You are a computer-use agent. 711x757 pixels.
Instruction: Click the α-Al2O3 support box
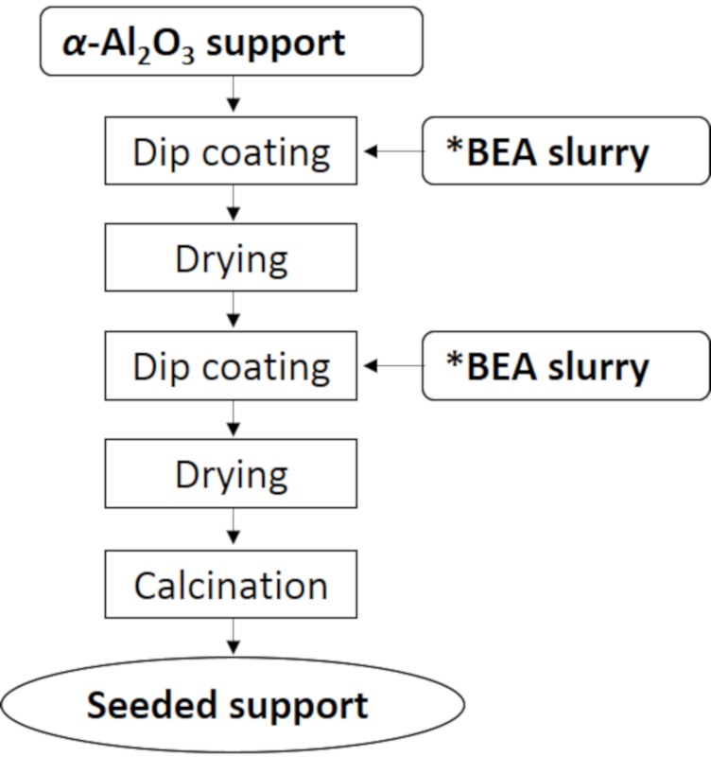[232, 41]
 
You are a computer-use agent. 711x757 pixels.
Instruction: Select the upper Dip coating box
[231, 150]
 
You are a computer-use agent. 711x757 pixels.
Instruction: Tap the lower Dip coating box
[231, 365]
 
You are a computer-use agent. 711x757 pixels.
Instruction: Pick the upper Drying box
[231, 257]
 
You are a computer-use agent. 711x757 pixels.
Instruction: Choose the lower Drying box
[231, 474]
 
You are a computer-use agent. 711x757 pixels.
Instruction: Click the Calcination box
[231, 584]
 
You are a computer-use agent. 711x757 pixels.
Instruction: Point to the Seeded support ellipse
[233, 705]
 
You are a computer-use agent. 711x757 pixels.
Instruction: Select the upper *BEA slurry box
[566, 150]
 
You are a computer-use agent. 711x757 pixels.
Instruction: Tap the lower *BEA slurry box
[566, 365]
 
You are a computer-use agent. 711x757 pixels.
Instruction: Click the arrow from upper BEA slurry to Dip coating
[393, 151]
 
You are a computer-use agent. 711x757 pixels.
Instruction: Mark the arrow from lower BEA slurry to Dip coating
[393, 366]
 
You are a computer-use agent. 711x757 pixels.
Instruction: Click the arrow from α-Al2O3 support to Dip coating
[234, 94]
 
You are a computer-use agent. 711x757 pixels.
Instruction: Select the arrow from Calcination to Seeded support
[234, 637]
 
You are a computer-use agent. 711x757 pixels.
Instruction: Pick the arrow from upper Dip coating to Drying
[234, 202]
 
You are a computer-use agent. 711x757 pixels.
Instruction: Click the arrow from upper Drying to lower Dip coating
[234, 309]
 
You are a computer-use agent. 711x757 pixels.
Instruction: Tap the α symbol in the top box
[75, 44]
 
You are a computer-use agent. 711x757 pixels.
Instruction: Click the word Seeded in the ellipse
[151, 705]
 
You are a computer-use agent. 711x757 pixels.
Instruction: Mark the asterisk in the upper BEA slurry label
[455, 145]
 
